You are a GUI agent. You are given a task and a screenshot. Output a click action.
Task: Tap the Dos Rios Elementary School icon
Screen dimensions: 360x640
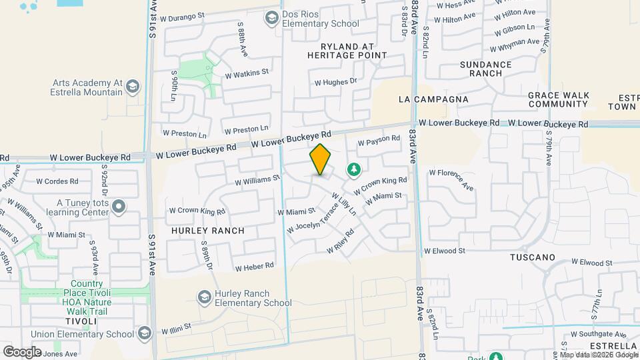(x=271, y=18)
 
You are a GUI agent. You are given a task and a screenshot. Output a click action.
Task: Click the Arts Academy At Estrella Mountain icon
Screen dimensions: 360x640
(x=133, y=87)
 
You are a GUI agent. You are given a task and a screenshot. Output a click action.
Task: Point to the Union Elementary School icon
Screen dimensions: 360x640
(x=145, y=334)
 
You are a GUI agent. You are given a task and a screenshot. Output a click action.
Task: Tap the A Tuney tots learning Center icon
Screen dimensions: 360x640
(x=119, y=207)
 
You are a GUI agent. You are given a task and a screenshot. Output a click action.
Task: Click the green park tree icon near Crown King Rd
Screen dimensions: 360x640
(x=353, y=171)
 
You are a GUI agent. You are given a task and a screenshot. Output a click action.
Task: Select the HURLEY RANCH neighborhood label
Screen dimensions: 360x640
(x=207, y=231)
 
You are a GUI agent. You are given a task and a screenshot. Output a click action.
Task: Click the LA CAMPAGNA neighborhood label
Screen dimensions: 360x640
(x=433, y=99)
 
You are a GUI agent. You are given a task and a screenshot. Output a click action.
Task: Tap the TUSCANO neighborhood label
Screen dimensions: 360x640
(x=533, y=257)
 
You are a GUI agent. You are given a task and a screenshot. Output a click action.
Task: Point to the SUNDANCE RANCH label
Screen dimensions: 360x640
(x=486, y=69)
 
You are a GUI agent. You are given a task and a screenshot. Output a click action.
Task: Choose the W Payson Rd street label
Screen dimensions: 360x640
(x=379, y=141)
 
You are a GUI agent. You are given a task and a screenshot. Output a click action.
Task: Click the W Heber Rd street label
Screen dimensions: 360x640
(x=255, y=266)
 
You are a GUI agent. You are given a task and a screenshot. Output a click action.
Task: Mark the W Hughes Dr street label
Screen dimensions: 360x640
(x=336, y=82)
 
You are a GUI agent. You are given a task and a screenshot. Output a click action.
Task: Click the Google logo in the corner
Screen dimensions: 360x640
(x=22, y=351)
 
